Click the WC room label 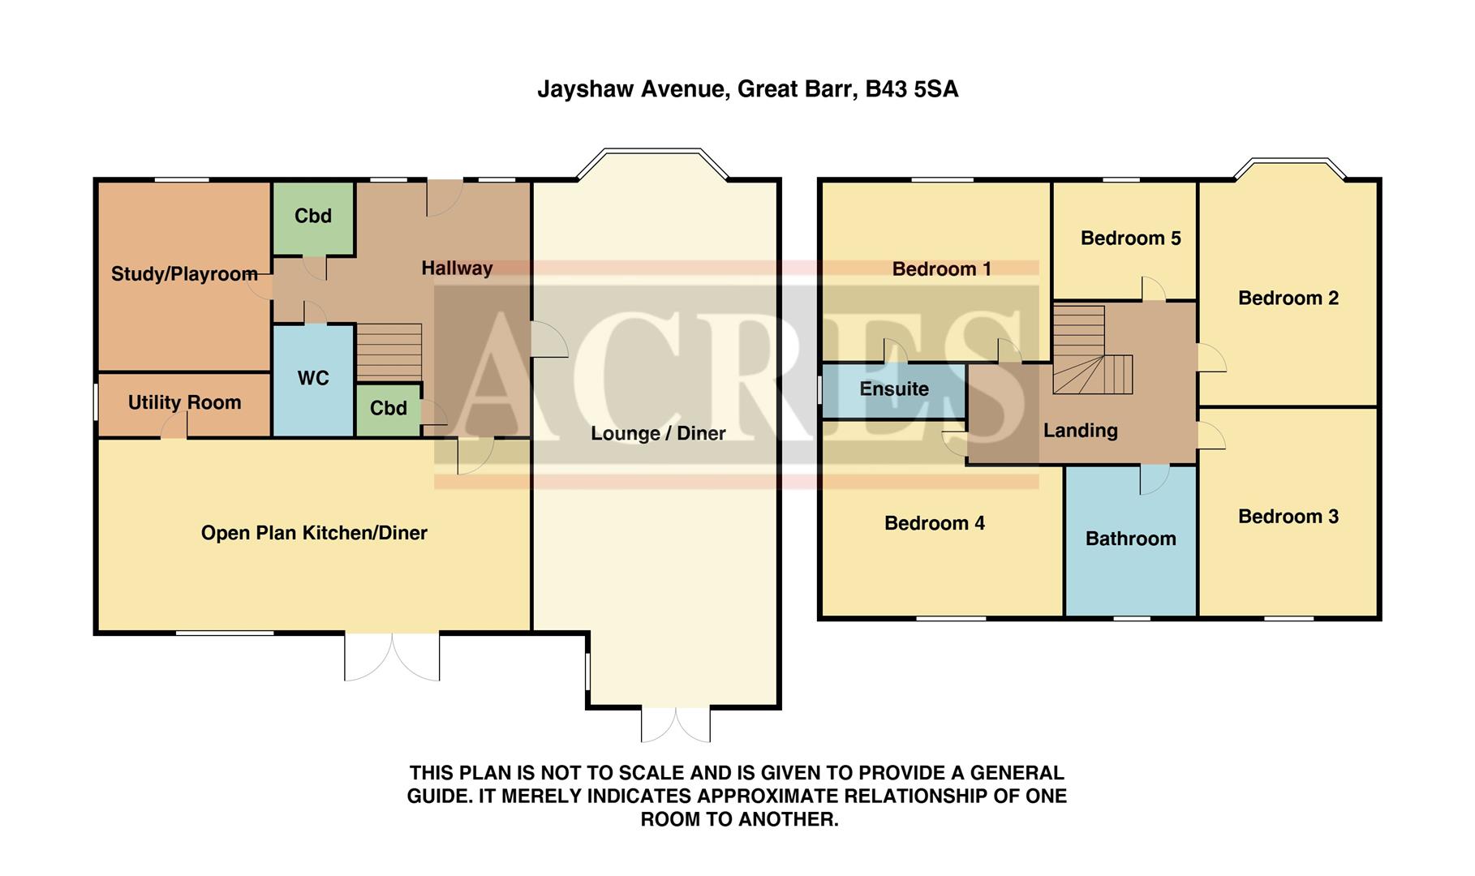tap(313, 378)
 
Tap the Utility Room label tap(184, 402)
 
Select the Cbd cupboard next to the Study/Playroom tap(313, 217)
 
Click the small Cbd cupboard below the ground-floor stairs tap(388, 408)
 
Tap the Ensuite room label tap(894, 389)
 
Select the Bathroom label tap(1130, 539)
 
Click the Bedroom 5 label tap(1130, 238)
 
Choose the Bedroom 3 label tap(1288, 517)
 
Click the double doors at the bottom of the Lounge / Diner tap(676, 724)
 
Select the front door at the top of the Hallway tap(444, 197)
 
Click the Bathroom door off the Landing tap(1154, 479)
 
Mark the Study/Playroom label tap(184, 274)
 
